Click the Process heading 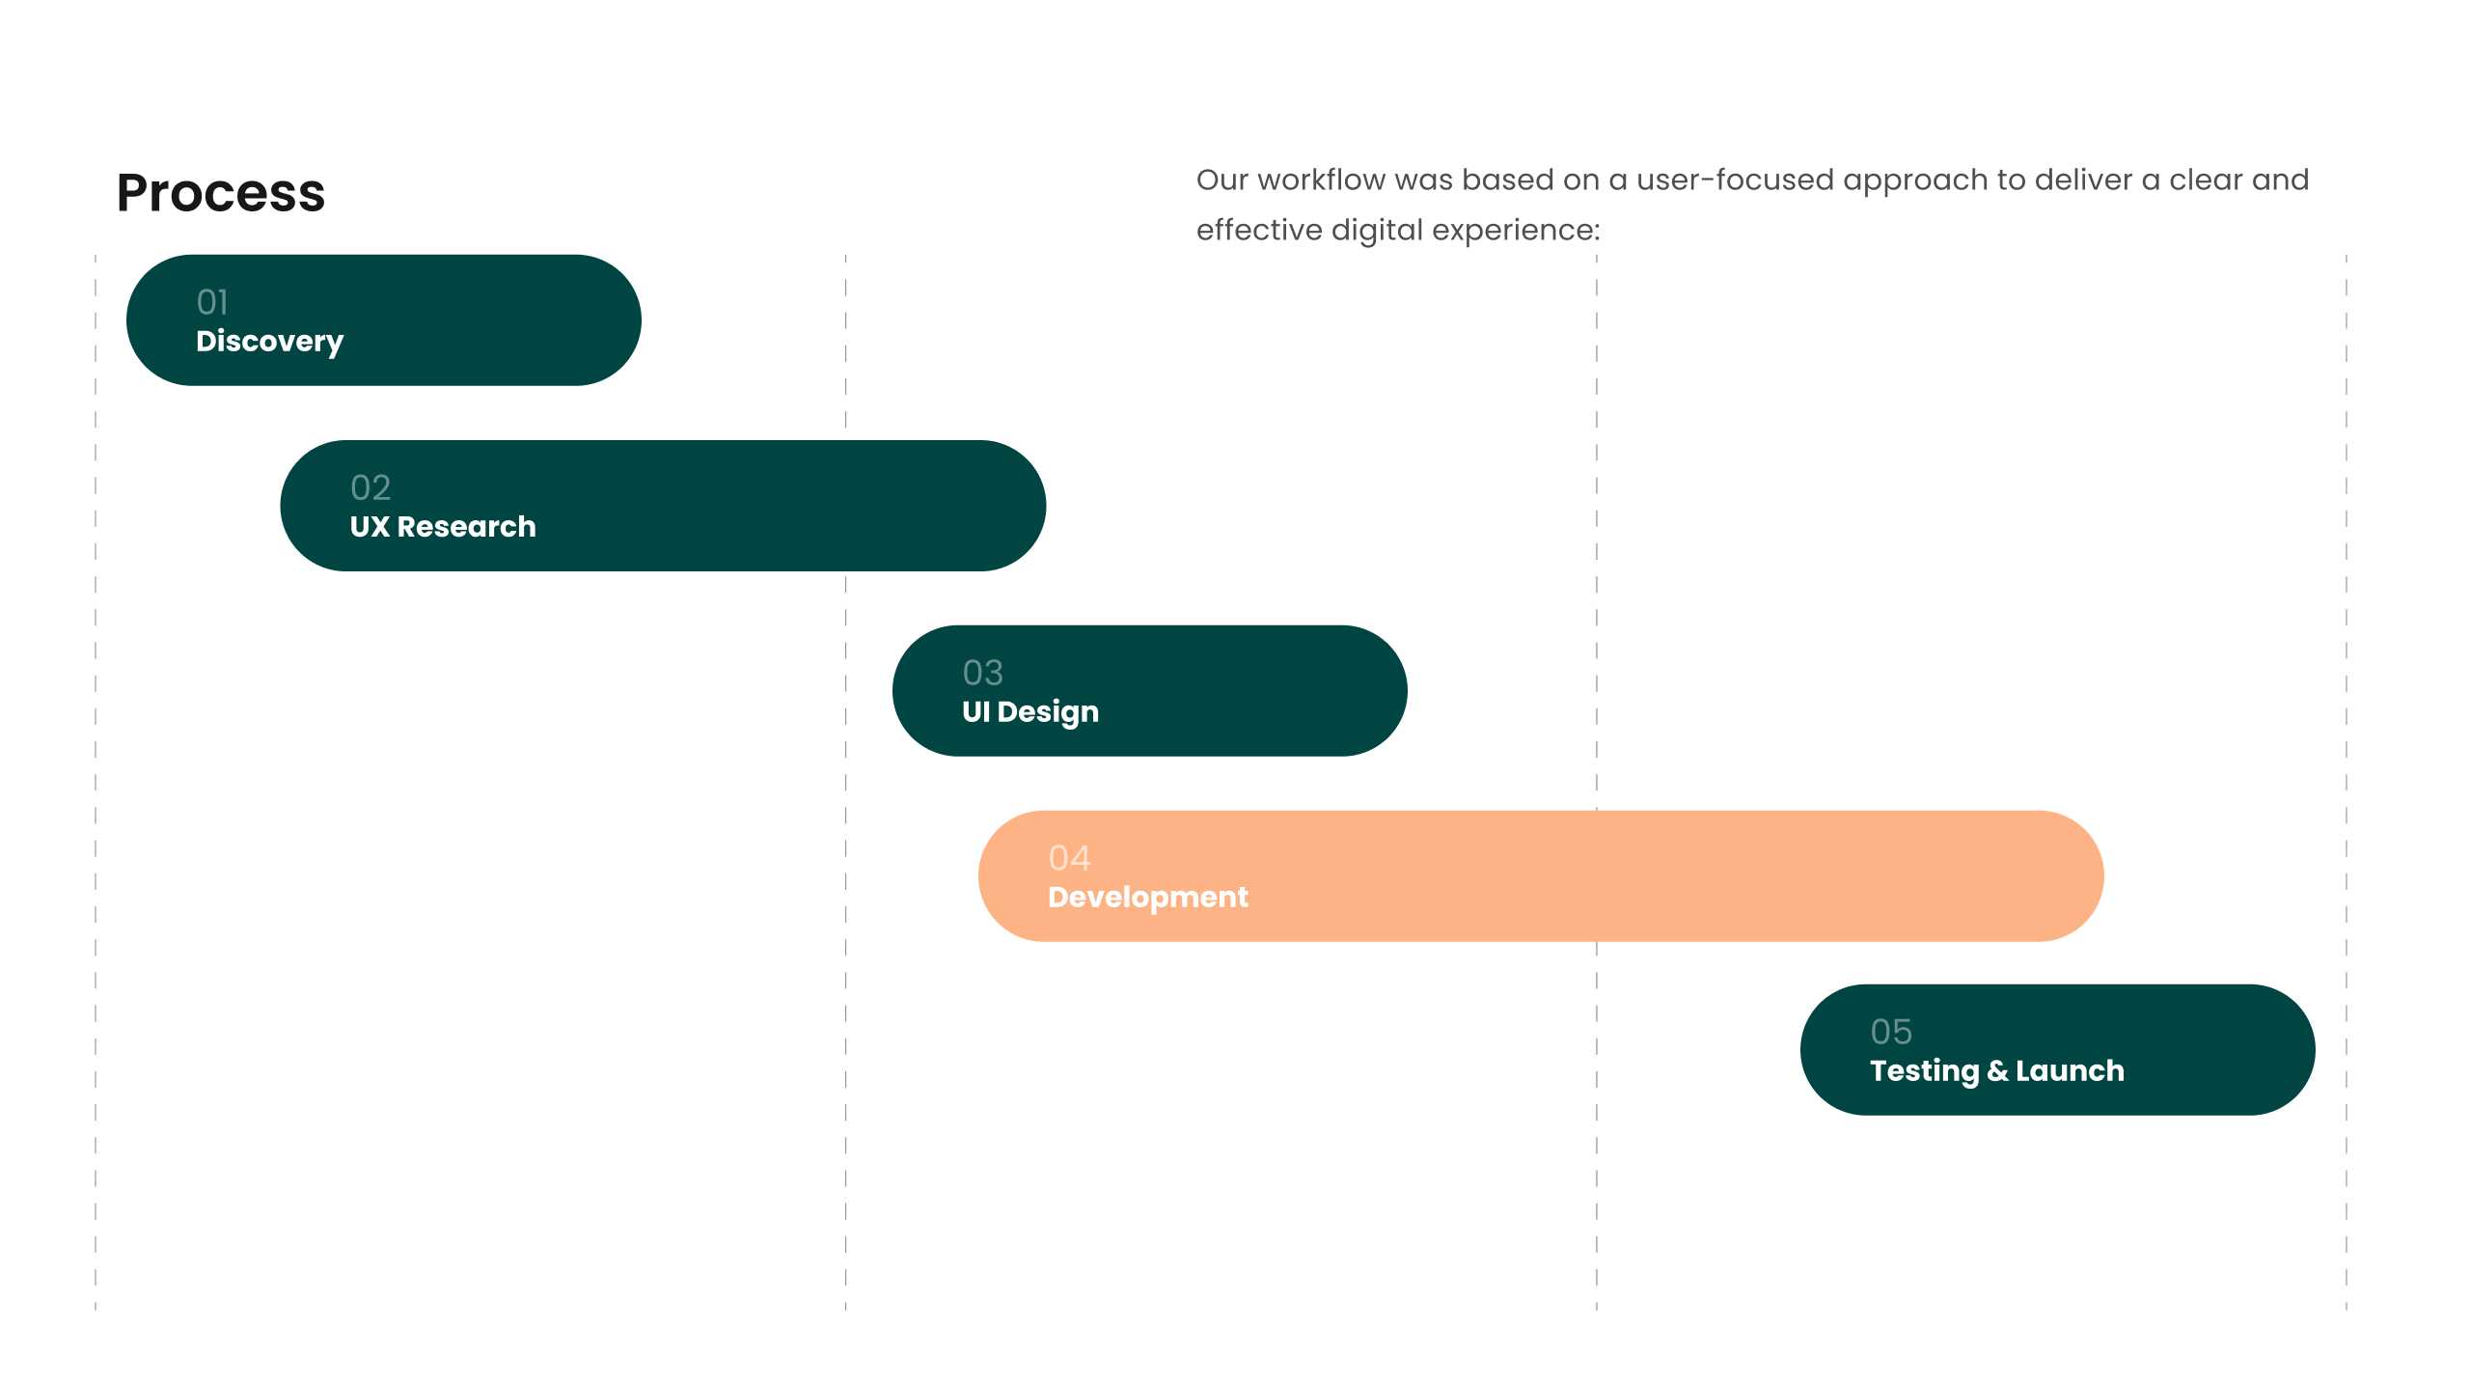(221, 193)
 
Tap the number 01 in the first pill (212, 302)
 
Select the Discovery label (269, 342)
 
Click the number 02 (370, 487)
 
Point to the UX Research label (443, 526)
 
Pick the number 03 (982, 673)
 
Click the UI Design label (1030, 712)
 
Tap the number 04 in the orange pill (1069, 858)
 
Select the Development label (1148, 898)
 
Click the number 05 (1891, 1032)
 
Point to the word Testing (1925, 1071)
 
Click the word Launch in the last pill (2070, 1070)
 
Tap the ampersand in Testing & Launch (1997, 1070)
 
